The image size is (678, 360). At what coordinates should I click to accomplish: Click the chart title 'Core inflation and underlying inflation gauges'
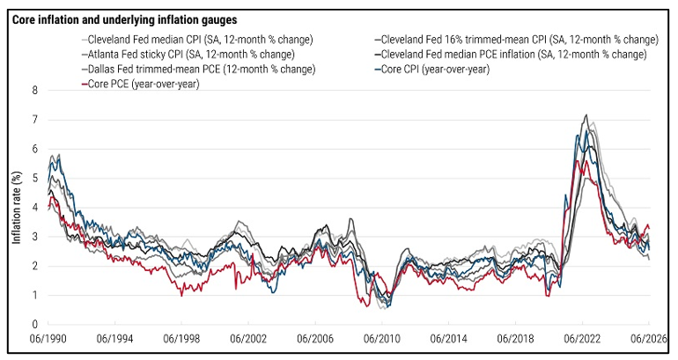(124, 20)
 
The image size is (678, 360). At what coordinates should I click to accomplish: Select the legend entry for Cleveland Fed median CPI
(197, 40)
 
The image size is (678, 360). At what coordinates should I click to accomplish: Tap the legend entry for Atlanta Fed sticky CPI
(188, 55)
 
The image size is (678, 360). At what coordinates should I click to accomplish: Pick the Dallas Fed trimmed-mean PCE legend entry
(198, 70)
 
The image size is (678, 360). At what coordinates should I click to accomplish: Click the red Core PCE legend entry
(141, 84)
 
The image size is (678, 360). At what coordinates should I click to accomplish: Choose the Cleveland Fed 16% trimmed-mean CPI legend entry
(517, 40)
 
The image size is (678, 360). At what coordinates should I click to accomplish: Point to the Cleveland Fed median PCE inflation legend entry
(511, 55)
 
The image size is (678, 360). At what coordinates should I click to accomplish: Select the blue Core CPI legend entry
(432, 70)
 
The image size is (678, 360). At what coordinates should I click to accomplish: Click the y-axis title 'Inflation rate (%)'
(17, 208)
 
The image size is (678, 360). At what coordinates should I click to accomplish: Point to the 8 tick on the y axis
(34, 91)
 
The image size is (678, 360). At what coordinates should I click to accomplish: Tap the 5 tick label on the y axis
(34, 178)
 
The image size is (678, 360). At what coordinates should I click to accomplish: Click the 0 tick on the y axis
(34, 325)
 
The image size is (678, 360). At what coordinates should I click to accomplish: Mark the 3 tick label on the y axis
(34, 237)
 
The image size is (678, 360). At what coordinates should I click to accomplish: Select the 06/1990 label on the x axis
(48, 339)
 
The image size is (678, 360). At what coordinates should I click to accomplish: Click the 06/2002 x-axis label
(248, 339)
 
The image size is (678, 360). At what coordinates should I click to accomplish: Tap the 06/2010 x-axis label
(382, 339)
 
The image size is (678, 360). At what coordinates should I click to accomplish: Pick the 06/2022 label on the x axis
(582, 339)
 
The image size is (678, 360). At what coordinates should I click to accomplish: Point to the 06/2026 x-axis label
(648, 339)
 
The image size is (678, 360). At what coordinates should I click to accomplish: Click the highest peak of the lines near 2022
(586, 114)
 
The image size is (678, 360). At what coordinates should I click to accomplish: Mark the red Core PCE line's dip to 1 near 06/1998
(181, 296)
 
